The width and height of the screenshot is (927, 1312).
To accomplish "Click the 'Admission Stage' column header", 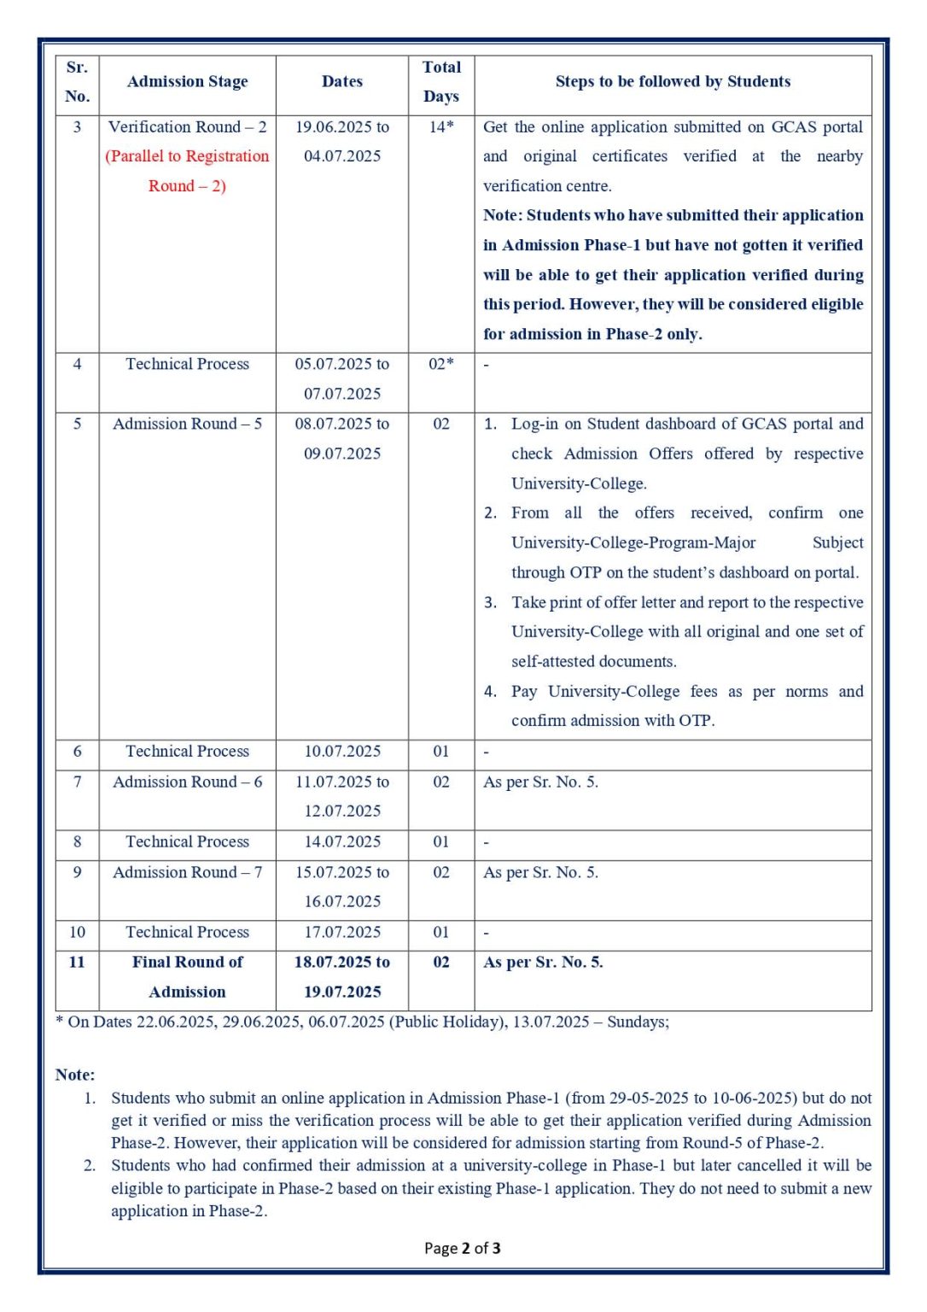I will tap(187, 82).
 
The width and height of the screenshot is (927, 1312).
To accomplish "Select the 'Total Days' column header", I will tap(440, 82).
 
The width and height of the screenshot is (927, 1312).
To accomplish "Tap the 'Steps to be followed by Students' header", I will tap(673, 82).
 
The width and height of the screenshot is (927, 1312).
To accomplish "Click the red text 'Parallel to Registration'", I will tap(187, 156).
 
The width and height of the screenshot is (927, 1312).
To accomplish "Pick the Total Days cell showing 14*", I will tap(440, 127).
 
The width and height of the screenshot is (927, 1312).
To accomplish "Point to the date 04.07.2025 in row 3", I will tap(342, 156).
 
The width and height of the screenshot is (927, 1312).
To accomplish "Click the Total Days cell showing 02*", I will tap(440, 364).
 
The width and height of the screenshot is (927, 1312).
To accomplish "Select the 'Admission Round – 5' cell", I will tap(187, 424).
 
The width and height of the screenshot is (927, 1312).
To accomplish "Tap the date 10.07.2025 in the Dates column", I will tap(342, 752).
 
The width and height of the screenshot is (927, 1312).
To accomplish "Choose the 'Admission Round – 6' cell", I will tap(187, 782).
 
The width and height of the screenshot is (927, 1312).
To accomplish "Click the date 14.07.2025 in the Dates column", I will tap(342, 841).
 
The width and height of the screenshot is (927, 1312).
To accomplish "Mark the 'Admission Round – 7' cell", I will tap(187, 872).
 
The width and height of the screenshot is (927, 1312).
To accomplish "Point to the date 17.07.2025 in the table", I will tap(342, 932).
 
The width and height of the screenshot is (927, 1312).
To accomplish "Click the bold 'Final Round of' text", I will tap(187, 962).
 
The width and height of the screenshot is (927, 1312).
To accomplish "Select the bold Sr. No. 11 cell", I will tap(77, 962).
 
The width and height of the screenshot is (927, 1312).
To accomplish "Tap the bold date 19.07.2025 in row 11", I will tap(342, 992).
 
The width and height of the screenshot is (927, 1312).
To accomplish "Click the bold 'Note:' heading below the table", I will tap(75, 1075).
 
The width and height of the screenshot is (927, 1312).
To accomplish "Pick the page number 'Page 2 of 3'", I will tap(462, 1248).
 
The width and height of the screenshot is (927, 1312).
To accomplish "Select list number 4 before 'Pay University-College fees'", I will tap(490, 691).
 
